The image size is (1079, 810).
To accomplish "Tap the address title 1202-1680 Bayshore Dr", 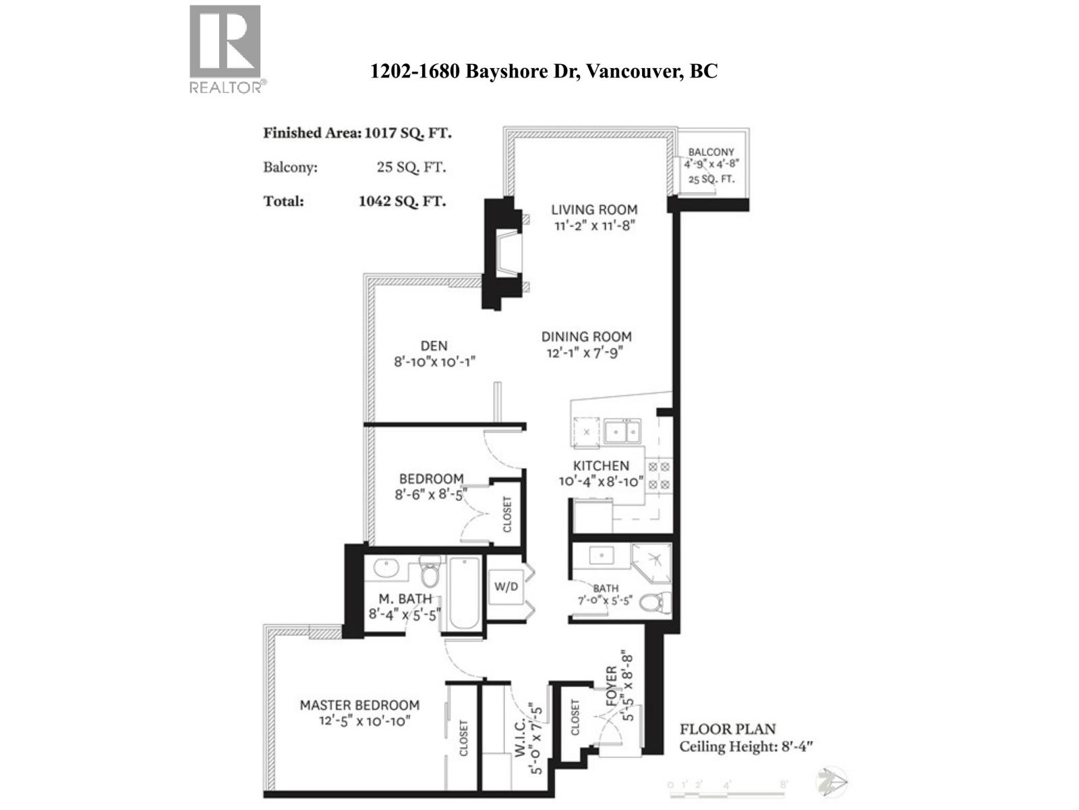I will (x=544, y=71).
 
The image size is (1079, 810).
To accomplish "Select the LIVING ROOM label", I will (x=594, y=210).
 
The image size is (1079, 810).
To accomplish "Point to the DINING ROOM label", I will (x=586, y=337).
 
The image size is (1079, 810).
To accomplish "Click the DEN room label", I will (x=434, y=346).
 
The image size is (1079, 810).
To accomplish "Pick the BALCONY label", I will (x=711, y=153).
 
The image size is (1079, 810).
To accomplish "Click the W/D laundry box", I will (x=506, y=587).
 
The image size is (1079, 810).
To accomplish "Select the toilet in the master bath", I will (x=430, y=574).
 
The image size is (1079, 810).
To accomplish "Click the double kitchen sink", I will (x=622, y=431).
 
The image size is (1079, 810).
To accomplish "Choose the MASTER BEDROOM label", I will (x=359, y=705).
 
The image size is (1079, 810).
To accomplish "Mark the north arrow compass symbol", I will (x=831, y=783).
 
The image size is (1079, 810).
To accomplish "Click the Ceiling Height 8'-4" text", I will (x=746, y=747).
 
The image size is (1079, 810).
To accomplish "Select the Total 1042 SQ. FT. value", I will (x=402, y=201).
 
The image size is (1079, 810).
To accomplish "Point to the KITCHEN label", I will (x=601, y=466).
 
